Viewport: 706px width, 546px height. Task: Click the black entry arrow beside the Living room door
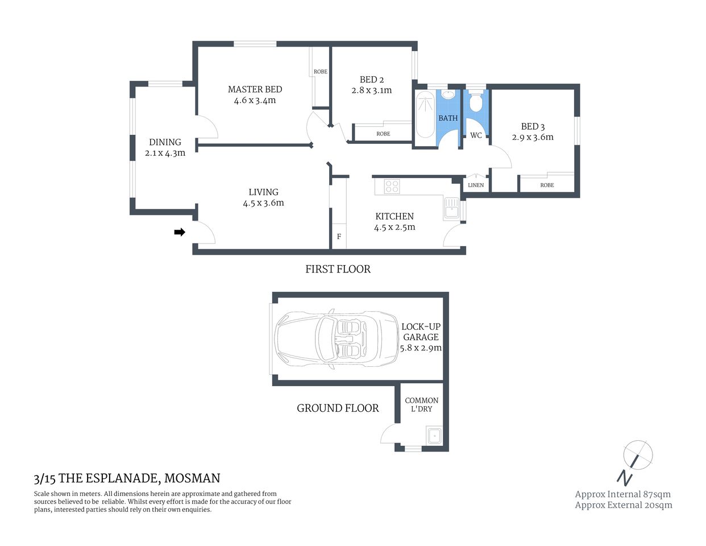coord(180,232)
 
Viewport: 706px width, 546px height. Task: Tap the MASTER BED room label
coord(255,89)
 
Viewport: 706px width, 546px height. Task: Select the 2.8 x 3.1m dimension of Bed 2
coord(371,90)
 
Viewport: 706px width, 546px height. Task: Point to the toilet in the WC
coord(476,103)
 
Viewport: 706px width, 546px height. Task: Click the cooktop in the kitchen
coord(392,186)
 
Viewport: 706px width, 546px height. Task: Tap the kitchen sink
coord(451,208)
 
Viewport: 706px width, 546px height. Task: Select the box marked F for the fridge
coord(339,237)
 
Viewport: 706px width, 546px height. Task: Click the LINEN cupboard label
coord(476,185)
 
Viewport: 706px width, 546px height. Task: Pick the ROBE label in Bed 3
coord(547,185)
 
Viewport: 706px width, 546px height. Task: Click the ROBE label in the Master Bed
coord(321,72)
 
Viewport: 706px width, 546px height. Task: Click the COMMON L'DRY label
coord(422,404)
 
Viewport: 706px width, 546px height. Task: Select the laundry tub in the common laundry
coord(435,436)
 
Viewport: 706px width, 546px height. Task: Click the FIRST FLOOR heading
coord(338,270)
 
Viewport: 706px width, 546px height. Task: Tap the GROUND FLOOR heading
coord(338,408)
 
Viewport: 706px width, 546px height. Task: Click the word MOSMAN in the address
coord(192,479)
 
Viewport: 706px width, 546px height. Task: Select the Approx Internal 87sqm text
coord(622,494)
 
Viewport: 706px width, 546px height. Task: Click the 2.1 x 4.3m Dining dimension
coord(165,153)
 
